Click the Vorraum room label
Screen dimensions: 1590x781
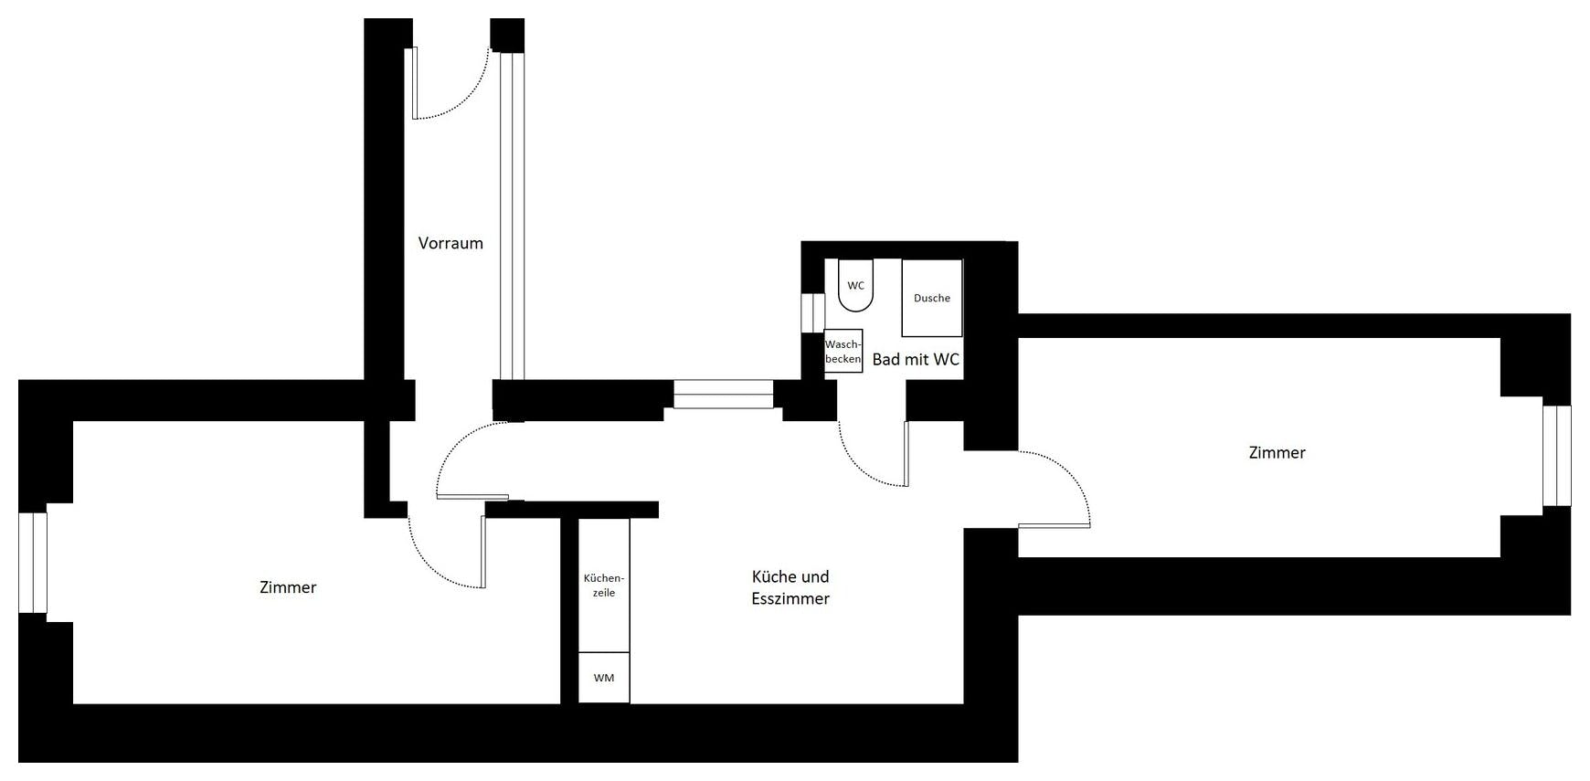click(450, 243)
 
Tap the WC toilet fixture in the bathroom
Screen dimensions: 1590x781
click(855, 285)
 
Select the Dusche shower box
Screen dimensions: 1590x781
click(932, 298)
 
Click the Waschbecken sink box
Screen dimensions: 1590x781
click(843, 351)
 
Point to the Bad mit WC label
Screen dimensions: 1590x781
click(916, 360)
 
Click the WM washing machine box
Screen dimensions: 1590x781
click(604, 678)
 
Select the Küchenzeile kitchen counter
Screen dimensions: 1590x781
click(604, 586)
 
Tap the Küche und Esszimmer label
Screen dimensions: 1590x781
click(790, 587)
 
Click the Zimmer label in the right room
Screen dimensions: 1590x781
click(1277, 452)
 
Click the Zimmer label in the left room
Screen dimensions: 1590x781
click(288, 587)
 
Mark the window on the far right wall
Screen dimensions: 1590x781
click(1557, 456)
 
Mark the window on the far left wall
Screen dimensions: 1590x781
click(33, 563)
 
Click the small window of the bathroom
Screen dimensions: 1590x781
click(812, 312)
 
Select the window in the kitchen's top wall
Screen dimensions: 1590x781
click(724, 394)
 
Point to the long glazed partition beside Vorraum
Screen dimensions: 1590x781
click(512, 216)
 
